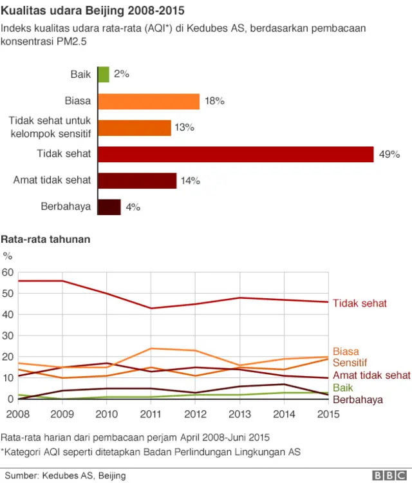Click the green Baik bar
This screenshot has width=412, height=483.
pyautogui.click(x=104, y=74)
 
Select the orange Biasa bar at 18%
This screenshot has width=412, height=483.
pyautogui.click(x=149, y=101)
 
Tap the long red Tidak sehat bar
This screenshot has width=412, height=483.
pyautogui.click(x=236, y=154)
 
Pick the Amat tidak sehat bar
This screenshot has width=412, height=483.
pyautogui.click(x=137, y=180)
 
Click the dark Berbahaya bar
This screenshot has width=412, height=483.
pyautogui.click(x=109, y=207)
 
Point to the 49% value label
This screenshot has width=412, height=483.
pyautogui.click(x=389, y=155)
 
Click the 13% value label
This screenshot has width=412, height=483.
pyautogui.click(x=184, y=128)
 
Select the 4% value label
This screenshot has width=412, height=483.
pyautogui.click(x=133, y=207)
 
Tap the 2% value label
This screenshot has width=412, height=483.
pyautogui.click(x=122, y=74)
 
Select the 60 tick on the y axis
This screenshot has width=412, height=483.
pyautogui.click(x=8, y=272)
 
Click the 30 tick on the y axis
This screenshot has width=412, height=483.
pyautogui.click(x=8, y=336)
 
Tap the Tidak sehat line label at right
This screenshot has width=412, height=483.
pyautogui.click(x=359, y=303)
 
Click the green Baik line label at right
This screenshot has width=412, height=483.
pyautogui.click(x=343, y=388)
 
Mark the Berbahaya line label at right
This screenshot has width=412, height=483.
pyautogui.click(x=358, y=399)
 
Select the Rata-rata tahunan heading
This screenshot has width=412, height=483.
pyautogui.click(x=45, y=239)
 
